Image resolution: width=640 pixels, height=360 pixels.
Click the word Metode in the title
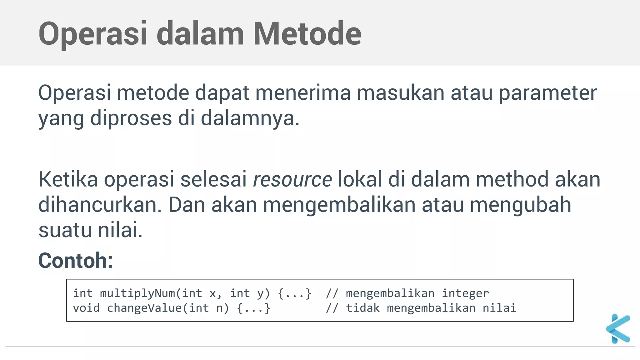307,33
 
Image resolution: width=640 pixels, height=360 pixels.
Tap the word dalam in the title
200,33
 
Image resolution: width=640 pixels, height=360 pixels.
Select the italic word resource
292,180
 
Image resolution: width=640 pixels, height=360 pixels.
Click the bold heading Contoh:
75,260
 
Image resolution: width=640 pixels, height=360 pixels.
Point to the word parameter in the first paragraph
547,93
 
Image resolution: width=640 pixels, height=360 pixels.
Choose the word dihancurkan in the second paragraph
100,205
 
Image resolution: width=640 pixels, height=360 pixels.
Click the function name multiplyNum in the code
137,293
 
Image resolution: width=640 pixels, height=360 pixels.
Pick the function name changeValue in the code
144,308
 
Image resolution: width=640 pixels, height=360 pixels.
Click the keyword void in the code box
86,308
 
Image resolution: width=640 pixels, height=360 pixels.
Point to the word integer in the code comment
465,293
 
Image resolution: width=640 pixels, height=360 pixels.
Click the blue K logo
618,329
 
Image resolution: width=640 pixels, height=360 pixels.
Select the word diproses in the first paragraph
131,118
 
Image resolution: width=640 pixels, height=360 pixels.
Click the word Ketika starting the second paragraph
68,180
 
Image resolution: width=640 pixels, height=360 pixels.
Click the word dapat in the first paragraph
222,93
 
